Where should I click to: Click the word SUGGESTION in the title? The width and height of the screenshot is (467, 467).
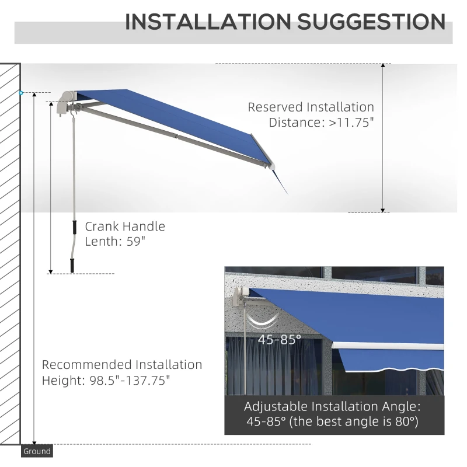(371, 22)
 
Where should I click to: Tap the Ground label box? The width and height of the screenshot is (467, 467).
(37, 451)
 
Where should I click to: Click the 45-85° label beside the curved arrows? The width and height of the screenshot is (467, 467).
(280, 339)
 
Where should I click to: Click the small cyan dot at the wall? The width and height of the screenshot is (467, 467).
(21, 93)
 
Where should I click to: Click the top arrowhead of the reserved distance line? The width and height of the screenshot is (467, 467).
(384, 66)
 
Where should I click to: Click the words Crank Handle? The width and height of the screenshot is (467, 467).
(125, 226)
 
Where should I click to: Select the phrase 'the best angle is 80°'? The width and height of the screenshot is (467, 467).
(369, 422)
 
